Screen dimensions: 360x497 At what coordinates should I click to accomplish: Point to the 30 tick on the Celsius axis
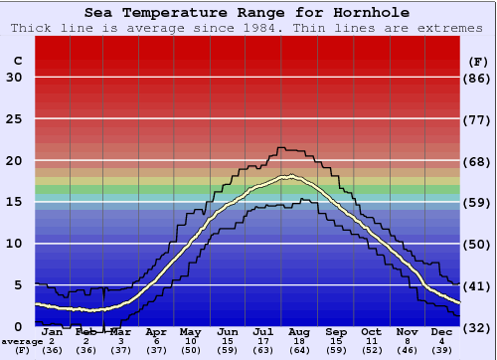[14, 78]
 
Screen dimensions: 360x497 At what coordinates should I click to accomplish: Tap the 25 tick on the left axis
[14, 119]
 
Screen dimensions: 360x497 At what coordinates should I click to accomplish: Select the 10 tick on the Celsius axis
[14, 244]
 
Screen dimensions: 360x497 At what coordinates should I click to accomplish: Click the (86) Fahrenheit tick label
[478, 78]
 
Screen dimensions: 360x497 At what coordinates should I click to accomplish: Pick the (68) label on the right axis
[478, 161]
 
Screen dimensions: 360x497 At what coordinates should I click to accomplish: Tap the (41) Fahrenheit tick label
[478, 285]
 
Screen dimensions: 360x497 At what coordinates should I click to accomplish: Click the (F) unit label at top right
[478, 61]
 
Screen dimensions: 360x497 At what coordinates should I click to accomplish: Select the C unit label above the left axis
[17, 61]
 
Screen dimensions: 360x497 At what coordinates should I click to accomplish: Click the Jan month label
[52, 332]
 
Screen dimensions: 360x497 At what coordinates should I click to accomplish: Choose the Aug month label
[301, 332]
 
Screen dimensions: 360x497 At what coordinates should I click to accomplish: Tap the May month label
[189, 332]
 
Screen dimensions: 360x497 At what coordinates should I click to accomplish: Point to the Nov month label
[407, 332]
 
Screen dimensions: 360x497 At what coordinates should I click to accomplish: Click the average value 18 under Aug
[301, 341]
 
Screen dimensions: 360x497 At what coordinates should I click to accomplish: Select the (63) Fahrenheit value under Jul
[264, 350]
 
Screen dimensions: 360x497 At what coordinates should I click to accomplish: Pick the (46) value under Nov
[407, 350]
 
